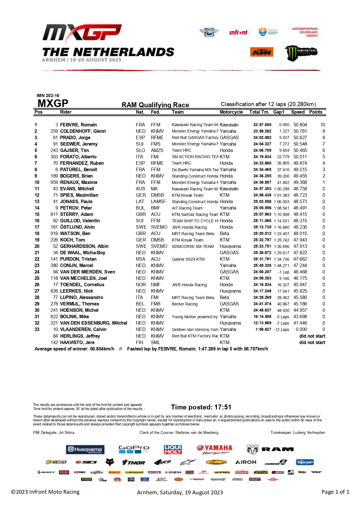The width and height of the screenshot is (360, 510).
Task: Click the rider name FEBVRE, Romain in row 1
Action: tap(78, 125)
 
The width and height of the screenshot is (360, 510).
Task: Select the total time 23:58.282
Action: tap(262, 131)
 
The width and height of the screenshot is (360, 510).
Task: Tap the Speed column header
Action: tap(298, 112)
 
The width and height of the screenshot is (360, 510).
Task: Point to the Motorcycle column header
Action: tap(231, 112)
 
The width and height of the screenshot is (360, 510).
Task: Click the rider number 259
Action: tap(54, 131)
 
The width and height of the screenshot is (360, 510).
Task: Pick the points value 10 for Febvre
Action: tap(323, 125)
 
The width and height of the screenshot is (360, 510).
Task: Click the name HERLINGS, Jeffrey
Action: tap(80, 336)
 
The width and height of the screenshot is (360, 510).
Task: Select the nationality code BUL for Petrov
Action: tap(140, 208)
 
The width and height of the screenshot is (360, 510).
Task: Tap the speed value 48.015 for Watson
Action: tap(300, 233)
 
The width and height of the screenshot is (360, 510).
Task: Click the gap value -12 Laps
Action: tap(281, 330)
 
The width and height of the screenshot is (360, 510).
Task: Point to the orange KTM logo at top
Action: tap(262, 52)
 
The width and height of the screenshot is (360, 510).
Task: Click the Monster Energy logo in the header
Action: tap(301, 53)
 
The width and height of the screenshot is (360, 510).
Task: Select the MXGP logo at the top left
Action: tap(82, 33)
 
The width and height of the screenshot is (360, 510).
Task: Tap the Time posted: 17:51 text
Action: tap(201, 407)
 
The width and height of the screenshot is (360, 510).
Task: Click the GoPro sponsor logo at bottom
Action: tap(134, 449)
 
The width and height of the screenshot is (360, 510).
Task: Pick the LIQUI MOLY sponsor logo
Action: tap(173, 449)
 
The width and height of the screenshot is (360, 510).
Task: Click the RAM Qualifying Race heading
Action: tap(155, 105)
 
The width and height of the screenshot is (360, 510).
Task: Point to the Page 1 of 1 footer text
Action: tap(335, 492)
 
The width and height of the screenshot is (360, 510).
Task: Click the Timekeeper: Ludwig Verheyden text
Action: tap(298, 432)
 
